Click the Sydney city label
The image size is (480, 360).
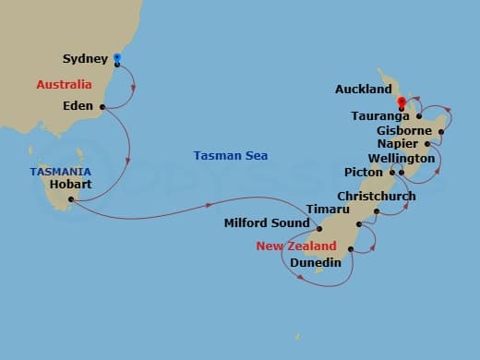[86, 59]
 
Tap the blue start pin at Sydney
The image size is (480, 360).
[117, 59]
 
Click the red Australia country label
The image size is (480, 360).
[64, 85]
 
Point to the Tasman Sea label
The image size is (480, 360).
[231, 156]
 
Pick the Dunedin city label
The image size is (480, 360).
[316, 262]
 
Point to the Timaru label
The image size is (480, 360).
[328, 210]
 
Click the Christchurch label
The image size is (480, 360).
[376, 197]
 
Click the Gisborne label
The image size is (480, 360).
[404, 131]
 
